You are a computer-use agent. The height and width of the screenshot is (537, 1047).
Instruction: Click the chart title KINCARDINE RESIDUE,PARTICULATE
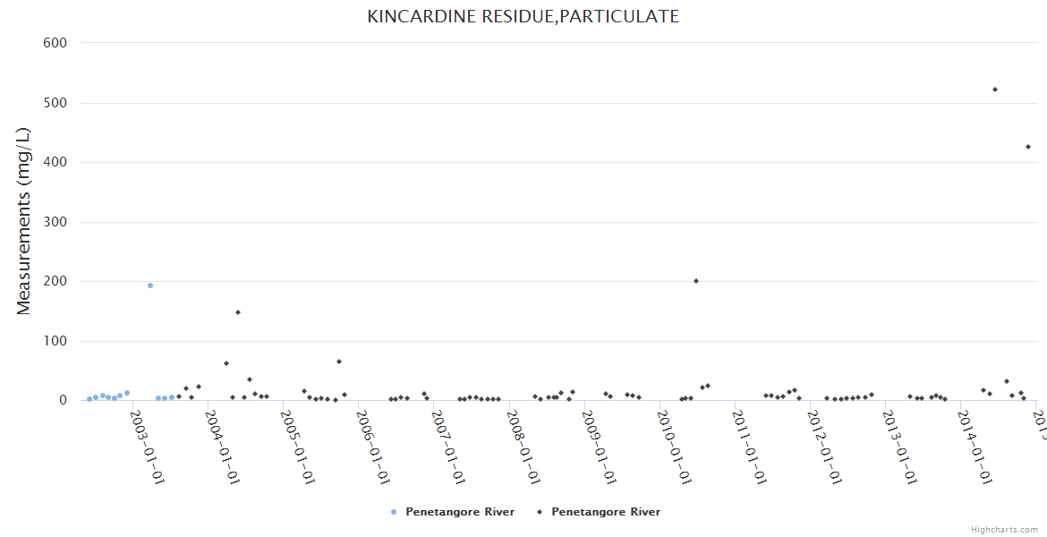523,16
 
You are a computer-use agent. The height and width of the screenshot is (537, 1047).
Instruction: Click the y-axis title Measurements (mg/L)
24,221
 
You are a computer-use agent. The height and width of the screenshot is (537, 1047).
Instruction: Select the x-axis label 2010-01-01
673,441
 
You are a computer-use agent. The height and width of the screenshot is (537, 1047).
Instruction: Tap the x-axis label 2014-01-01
974,441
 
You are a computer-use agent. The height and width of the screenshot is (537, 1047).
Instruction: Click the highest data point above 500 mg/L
995,89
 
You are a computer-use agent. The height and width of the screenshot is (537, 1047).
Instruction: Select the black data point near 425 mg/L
1028,147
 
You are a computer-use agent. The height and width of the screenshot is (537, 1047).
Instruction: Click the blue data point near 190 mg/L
150,286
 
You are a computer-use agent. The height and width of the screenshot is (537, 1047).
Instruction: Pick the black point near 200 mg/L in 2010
696,281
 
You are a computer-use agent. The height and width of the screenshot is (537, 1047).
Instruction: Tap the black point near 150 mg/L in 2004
238,312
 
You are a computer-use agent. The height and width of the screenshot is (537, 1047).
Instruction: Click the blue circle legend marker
394,512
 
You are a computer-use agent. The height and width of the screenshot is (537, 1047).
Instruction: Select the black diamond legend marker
540,512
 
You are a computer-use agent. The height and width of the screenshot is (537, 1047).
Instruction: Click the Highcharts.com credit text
1004,530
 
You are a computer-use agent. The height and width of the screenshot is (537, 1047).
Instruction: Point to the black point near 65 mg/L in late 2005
339,362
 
